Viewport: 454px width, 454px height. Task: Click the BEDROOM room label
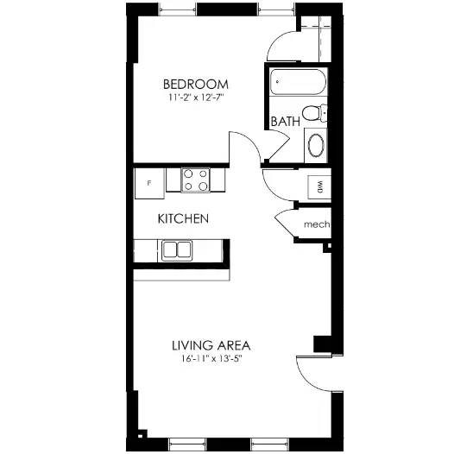pos(196,84)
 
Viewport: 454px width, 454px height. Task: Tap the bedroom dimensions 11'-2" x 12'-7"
pos(196,98)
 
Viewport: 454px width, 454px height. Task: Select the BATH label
pos(285,122)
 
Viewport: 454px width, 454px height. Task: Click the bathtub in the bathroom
pos(297,85)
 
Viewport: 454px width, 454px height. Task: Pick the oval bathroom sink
pos(317,145)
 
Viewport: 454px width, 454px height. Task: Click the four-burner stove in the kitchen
pos(197,180)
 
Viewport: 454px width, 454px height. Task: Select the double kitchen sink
pos(176,250)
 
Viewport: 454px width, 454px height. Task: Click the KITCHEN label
pos(183,219)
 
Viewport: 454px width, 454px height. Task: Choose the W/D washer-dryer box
pos(318,186)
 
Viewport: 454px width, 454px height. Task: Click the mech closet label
pos(316,226)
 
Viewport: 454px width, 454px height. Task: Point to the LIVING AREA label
pos(211,344)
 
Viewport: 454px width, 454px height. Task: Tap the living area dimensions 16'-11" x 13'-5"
pos(211,359)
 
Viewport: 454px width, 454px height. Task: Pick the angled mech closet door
pos(286,224)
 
